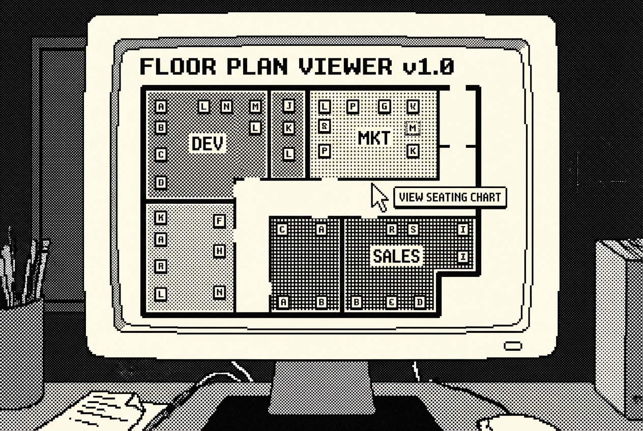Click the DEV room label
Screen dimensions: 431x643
208,144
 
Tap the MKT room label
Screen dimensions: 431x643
374,138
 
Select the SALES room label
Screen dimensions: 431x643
397,256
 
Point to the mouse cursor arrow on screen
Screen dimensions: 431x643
378,197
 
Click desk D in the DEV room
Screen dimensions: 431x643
161,182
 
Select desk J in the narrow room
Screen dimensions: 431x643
288,106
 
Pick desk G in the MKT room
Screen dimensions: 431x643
385,106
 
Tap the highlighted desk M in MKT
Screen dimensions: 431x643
413,128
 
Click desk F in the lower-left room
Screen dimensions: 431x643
219,221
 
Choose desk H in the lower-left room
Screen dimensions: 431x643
219,251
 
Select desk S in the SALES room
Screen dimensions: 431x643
413,230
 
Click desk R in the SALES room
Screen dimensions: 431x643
391,230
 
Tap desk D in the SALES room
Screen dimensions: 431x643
420,302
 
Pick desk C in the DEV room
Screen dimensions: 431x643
161,155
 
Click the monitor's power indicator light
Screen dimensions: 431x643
512,346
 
